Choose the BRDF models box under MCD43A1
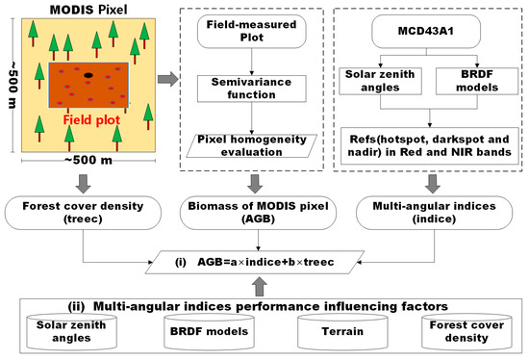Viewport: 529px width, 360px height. pyautogui.click(x=470, y=82)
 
